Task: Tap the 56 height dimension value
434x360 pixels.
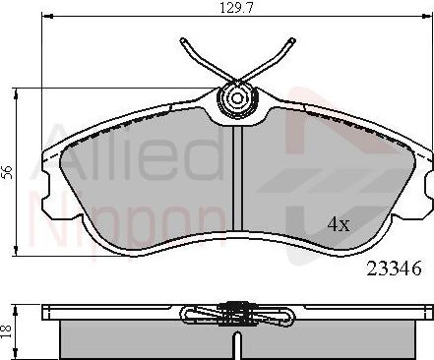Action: [x=9, y=171]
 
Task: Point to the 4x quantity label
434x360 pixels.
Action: [x=338, y=224]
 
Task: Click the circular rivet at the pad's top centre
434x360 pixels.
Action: [x=236, y=98]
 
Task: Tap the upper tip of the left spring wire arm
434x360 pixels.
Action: [x=181, y=41]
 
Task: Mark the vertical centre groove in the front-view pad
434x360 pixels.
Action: [x=236, y=177]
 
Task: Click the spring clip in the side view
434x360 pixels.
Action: [x=236, y=313]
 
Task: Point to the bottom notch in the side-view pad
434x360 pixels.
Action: [x=236, y=346]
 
